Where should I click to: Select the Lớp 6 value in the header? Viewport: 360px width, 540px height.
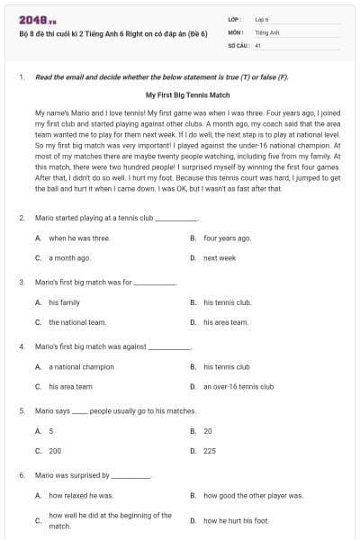[x=262, y=19]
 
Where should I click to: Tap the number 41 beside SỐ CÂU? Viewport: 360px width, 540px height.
[x=258, y=44]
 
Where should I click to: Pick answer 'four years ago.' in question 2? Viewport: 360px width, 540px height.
[x=227, y=238]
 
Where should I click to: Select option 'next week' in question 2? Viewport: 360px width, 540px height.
[x=219, y=257]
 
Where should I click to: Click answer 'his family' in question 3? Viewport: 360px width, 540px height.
[x=64, y=302]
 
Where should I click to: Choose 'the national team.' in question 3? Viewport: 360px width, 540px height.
[x=77, y=321]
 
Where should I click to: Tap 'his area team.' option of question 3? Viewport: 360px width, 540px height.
[x=225, y=321]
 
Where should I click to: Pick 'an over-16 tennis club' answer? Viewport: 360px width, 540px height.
[x=238, y=386]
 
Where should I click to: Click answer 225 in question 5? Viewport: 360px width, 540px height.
[x=209, y=450]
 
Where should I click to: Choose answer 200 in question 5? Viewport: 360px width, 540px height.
[x=55, y=450]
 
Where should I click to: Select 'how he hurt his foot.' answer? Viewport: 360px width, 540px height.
[x=236, y=520]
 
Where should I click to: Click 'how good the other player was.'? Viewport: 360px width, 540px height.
[x=253, y=496]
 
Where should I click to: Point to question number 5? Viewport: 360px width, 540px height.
[x=21, y=410]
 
